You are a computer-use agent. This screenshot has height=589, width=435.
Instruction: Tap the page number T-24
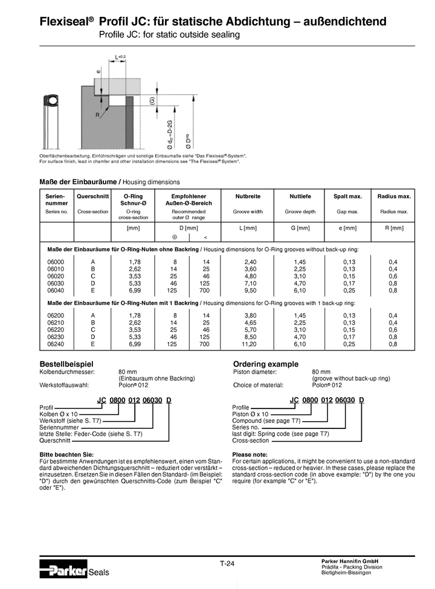pyautogui.click(x=227, y=564)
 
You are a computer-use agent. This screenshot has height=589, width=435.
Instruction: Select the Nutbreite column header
pyautogui.click(x=248, y=197)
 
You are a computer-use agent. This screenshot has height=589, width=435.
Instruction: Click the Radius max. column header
pyautogui.click(x=394, y=197)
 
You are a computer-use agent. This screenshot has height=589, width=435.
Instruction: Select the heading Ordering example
pyautogui.click(x=266, y=364)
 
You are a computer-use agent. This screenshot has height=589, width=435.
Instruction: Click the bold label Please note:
pyautogui.click(x=250, y=454)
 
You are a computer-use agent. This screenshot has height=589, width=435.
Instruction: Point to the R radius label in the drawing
pyautogui.click(x=97, y=115)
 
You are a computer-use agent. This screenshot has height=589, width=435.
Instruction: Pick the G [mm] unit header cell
pyautogui.click(x=300, y=228)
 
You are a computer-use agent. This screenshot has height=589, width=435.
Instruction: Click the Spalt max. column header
pyautogui.click(x=347, y=197)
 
